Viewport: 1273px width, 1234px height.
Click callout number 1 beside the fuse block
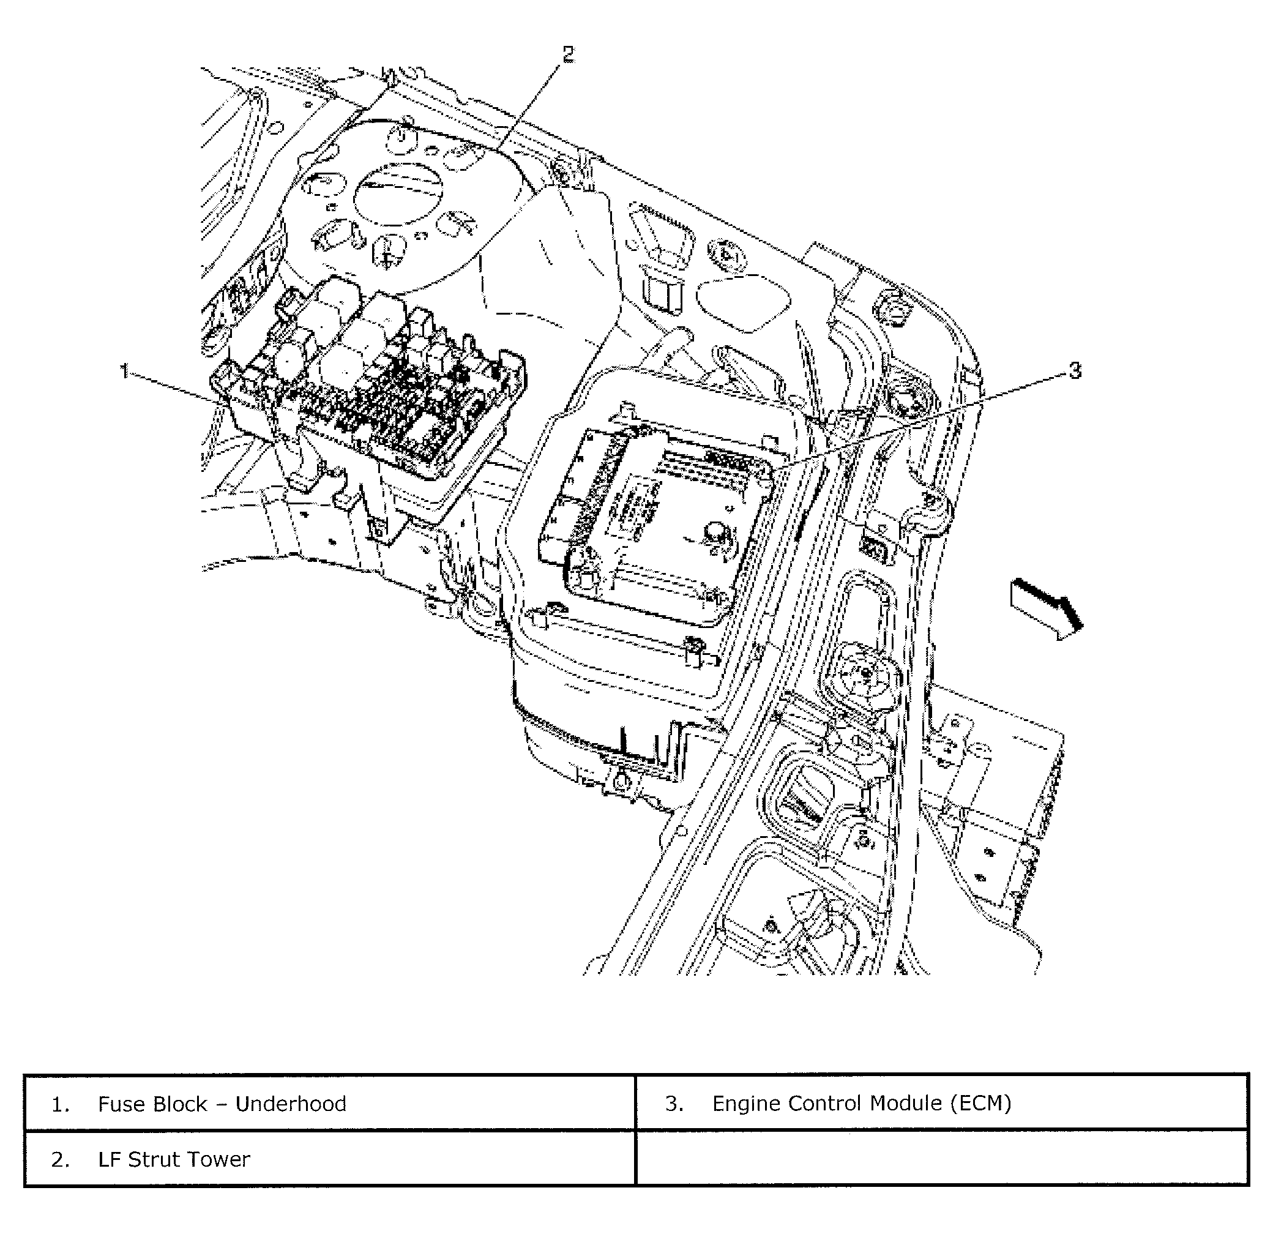[x=124, y=372]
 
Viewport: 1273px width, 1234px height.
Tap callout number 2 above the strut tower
[x=569, y=55]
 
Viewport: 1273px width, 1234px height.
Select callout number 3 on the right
[x=1075, y=371]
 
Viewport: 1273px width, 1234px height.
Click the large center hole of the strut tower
[x=400, y=194]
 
